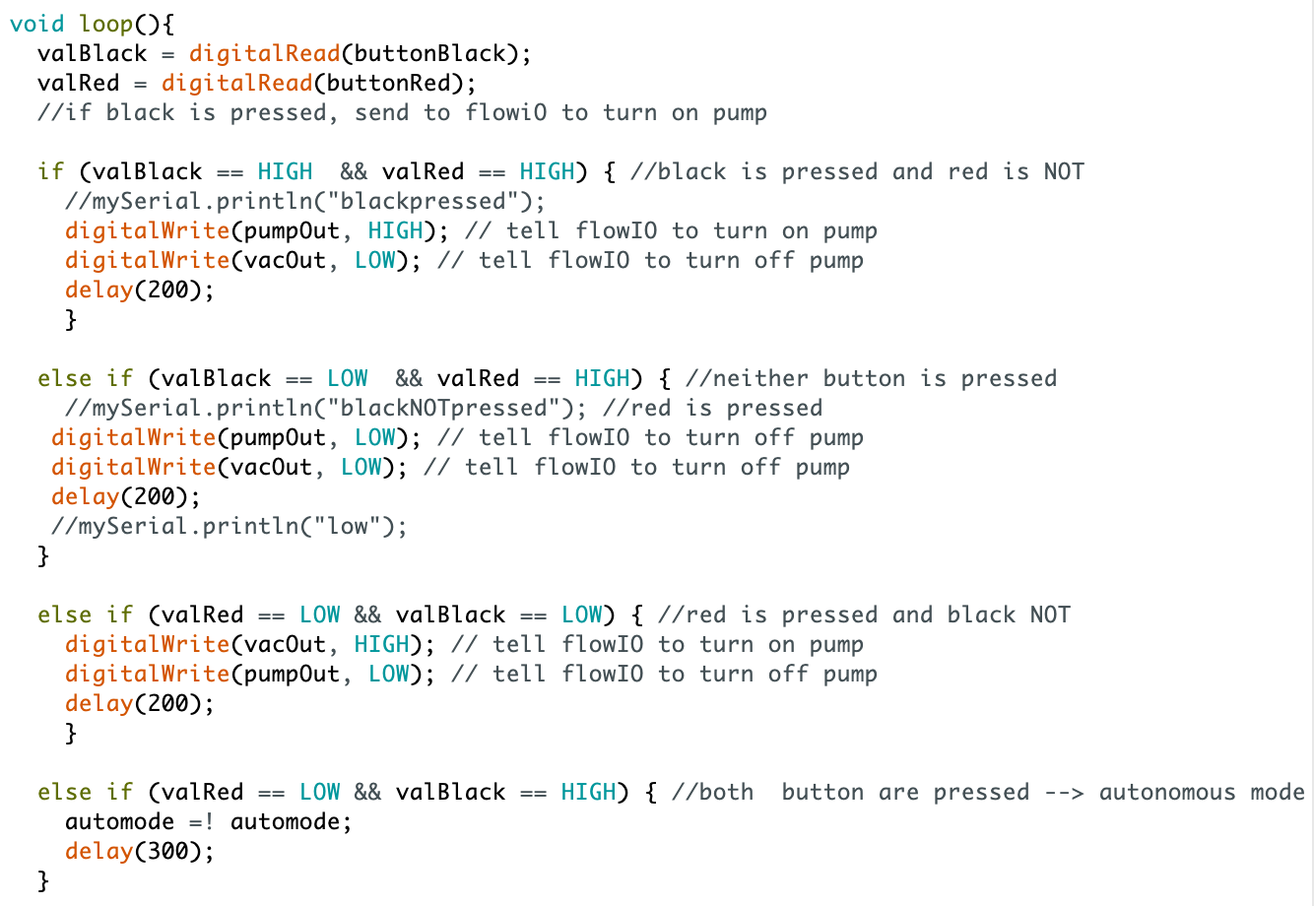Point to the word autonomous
[1166, 792]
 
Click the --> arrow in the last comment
[1064, 792]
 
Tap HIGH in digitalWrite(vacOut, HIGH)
[381, 644]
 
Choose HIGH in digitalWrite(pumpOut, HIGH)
[395, 230]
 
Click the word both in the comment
[726, 792]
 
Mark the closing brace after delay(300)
[43, 880]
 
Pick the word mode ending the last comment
[1277, 792]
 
